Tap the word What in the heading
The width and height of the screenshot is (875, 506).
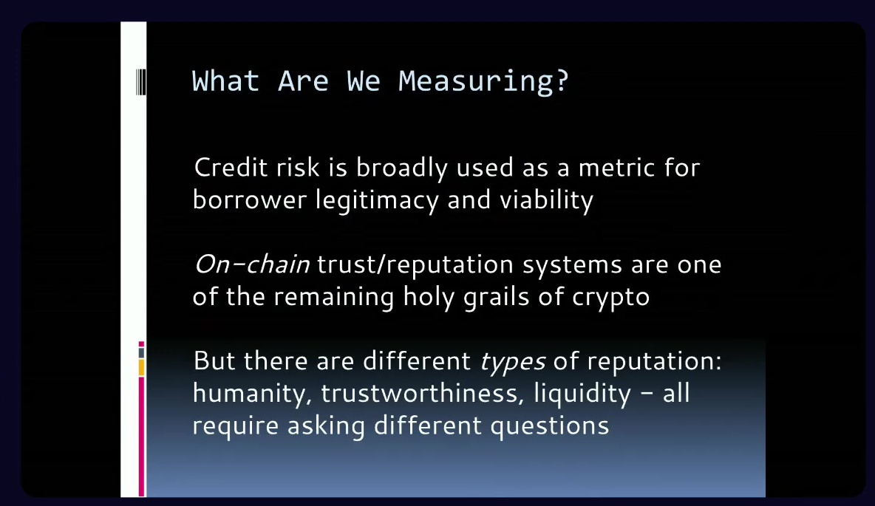[x=226, y=81]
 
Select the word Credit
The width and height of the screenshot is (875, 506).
[x=231, y=168]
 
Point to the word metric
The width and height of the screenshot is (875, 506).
[x=616, y=168]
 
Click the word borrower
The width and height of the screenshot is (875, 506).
[x=250, y=199]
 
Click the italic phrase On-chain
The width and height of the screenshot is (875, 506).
[x=252, y=264]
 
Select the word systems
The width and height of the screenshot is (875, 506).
[x=572, y=265]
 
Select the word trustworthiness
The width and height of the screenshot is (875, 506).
[x=423, y=393]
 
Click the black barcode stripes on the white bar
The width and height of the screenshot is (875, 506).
[x=140, y=82]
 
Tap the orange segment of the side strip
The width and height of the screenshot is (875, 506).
[x=141, y=368]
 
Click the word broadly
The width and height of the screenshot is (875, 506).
[x=402, y=168]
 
